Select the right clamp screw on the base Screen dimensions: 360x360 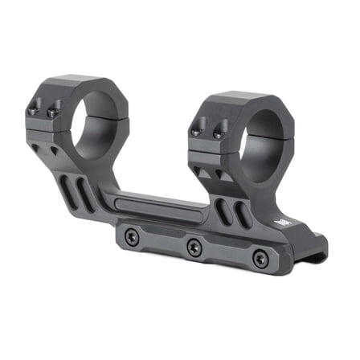click(x=259, y=259)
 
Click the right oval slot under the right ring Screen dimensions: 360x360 click(x=241, y=215)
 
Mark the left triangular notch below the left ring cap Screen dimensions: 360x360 click(x=53, y=150)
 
